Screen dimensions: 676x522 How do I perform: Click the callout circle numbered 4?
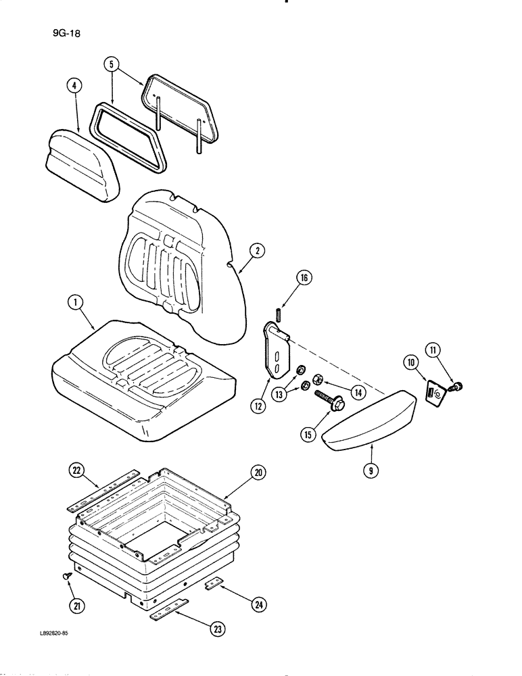(74, 86)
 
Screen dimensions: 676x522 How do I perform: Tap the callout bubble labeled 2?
(256, 251)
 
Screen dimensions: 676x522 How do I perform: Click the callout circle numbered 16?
(304, 276)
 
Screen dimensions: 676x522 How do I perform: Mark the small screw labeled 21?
(67, 575)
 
